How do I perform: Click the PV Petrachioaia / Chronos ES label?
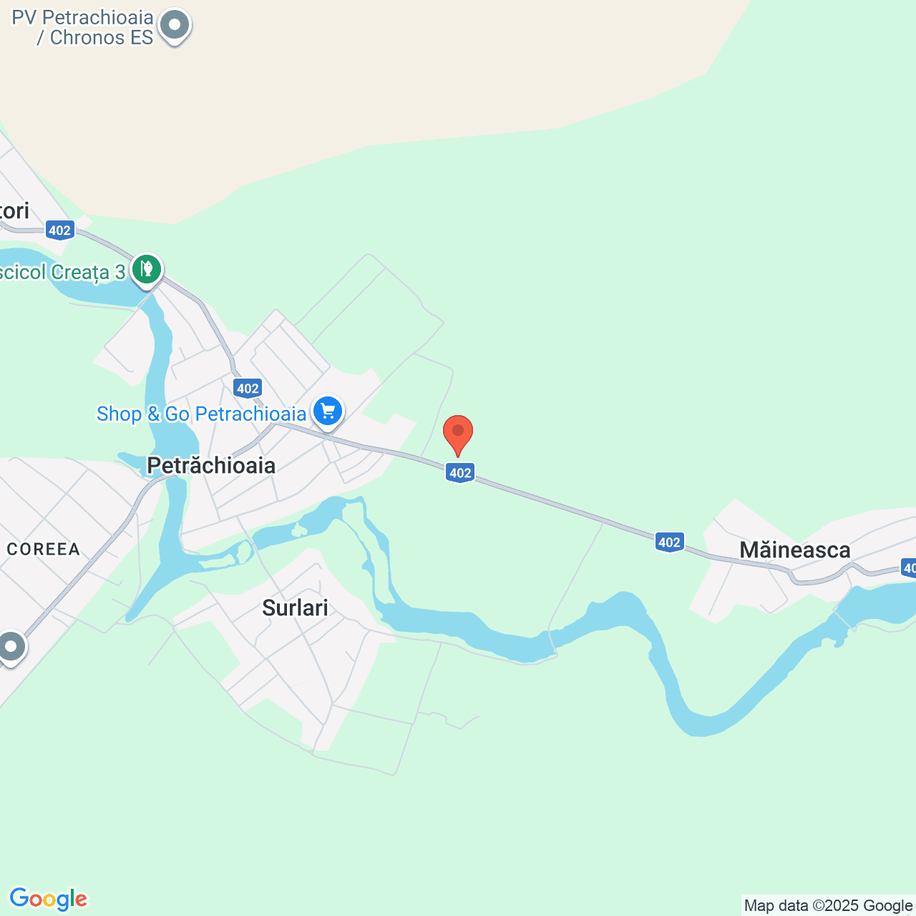[x=82, y=28]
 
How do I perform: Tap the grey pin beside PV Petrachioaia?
[x=174, y=26]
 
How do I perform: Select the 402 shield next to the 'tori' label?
[x=59, y=230]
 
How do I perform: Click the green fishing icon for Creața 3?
[x=147, y=270]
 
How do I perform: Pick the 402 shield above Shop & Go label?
[x=248, y=389]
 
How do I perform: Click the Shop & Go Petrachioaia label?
[x=201, y=414]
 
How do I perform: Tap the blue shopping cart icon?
[x=328, y=411]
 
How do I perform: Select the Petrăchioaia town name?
[x=211, y=465]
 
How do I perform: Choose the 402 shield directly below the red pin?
[x=460, y=472]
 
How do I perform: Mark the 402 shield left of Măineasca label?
[x=669, y=542]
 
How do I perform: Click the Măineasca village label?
[x=794, y=550]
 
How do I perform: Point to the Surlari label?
[x=295, y=608]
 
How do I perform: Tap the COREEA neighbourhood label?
[x=43, y=549]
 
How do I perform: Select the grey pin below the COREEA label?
[x=11, y=647]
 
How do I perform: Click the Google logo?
[x=48, y=899]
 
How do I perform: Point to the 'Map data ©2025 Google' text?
[x=828, y=905]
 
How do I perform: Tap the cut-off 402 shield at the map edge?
[x=909, y=568]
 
